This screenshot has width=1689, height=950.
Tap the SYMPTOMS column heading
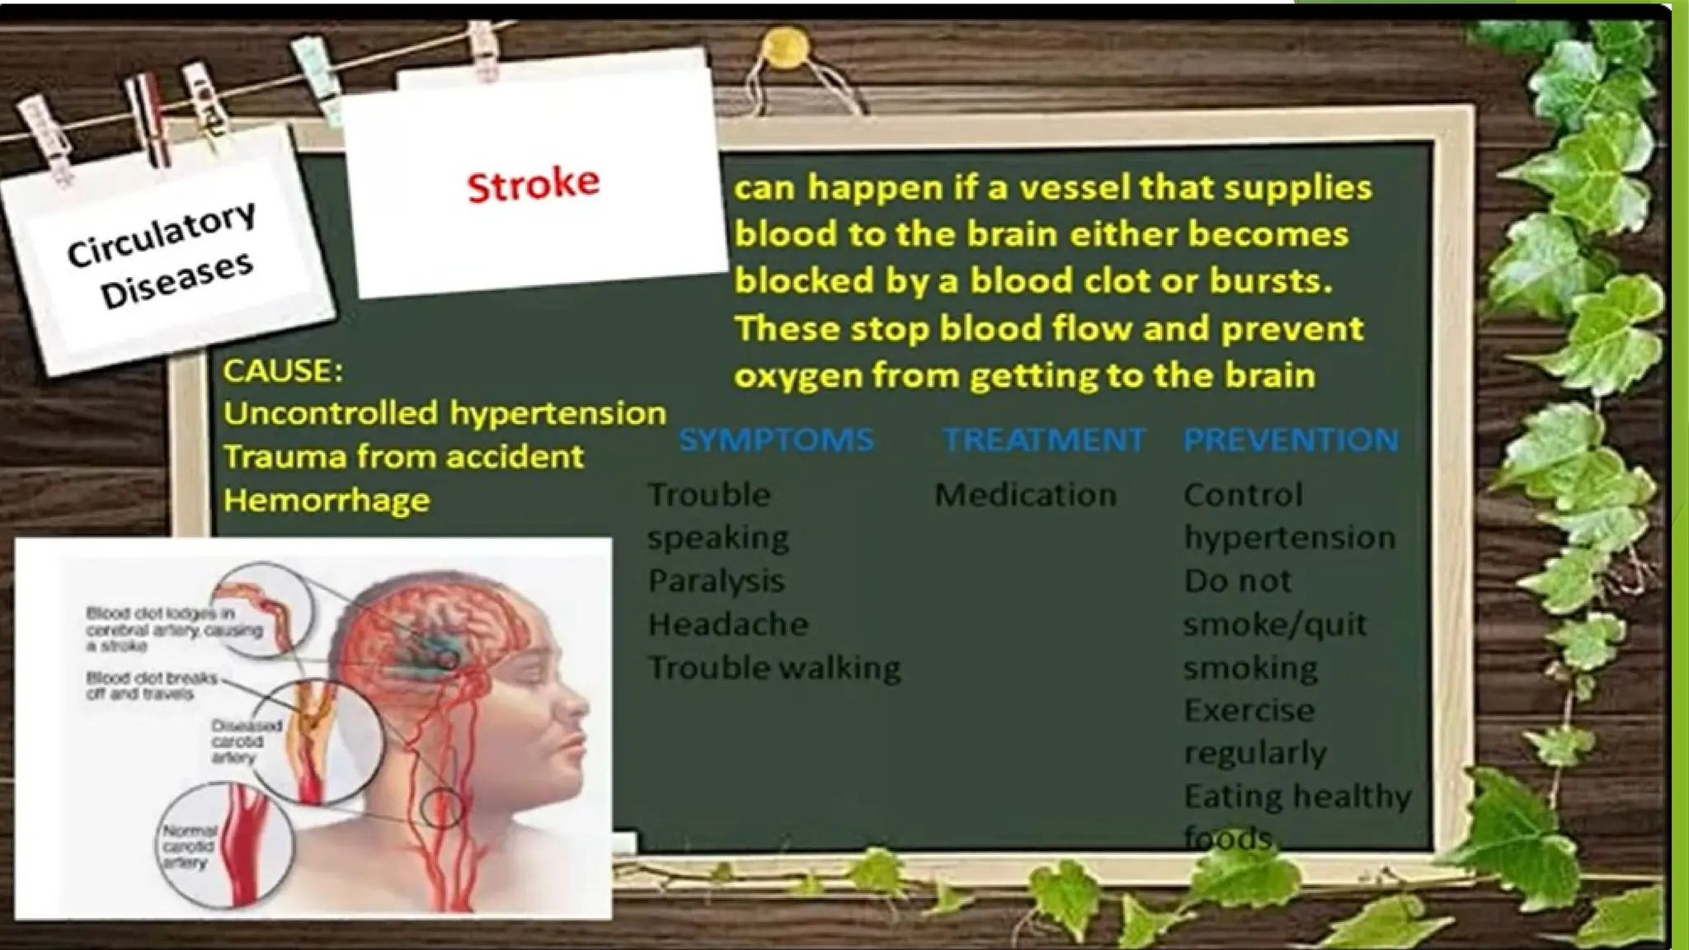[x=776, y=440]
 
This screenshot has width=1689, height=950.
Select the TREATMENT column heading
[x=1044, y=440]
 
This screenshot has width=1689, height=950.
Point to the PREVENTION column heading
[x=1291, y=440]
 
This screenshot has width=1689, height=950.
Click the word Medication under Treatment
[x=1025, y=495]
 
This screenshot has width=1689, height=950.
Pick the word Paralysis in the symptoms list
[x=716, y=581]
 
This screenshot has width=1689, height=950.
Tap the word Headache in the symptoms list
[x=727, y=624]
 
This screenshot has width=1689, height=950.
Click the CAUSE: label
[x=283, y=371]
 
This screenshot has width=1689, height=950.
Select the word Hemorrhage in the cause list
[x=327, y=500]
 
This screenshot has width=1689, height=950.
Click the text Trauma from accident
[x=403, y=456]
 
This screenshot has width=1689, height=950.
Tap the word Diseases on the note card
[x=177, y=280]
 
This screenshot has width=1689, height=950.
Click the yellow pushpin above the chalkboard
[x=785, y=48]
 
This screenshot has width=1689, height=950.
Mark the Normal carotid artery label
[x=189, y=846]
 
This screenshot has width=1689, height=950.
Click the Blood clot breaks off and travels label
[x=152, y=685]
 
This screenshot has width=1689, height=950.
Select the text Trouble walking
[x=774, y=667]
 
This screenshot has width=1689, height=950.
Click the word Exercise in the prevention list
[x=1249, y=710]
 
